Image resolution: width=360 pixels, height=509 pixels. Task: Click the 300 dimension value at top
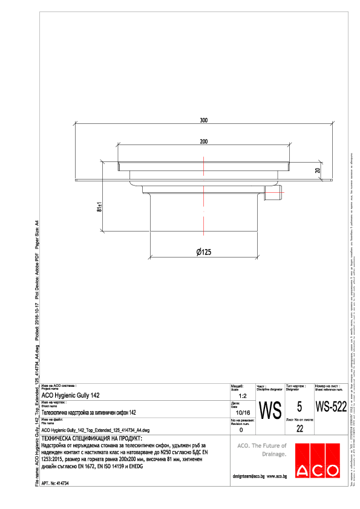[204, 121]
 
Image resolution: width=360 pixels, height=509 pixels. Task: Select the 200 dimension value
[204, 141]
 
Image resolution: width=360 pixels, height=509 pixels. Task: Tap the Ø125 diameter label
[204, 252]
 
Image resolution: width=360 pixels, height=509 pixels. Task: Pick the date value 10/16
[241, 412]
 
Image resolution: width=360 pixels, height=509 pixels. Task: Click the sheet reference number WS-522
[331, 406]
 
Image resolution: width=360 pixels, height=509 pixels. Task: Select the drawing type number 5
[299, 406]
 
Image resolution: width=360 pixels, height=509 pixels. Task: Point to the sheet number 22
[299, 429]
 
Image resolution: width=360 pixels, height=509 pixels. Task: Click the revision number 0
[241, 430]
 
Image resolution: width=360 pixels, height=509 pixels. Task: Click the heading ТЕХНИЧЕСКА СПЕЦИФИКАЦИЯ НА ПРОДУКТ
[91, 438]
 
